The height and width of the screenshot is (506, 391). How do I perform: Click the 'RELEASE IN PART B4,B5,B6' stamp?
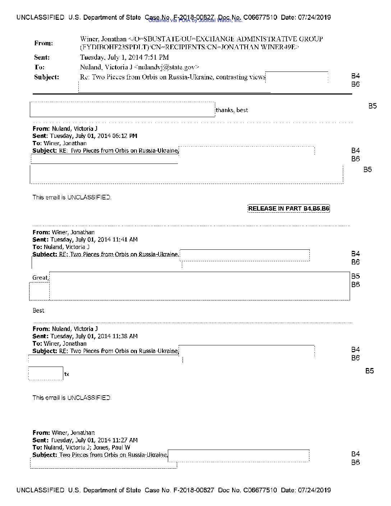(x=289, y=208)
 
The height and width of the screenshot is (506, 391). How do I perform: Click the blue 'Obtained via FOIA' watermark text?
(x=195, y=20)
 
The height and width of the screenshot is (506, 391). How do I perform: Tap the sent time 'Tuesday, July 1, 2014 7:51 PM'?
(x=124, y=57)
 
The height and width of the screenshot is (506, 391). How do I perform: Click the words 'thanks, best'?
(x=232, y=110)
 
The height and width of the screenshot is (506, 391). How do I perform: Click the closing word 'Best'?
(x=38, y=310)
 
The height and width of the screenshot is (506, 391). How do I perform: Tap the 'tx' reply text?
(x=67, y=374)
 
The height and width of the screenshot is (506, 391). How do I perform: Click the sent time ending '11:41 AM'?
(x=94, y=240)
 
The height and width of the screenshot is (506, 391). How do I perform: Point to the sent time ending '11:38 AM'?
(x=94, y=336)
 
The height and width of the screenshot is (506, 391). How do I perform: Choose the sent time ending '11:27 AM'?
(x=94, y=440)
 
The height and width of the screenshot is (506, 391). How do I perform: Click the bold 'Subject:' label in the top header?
(x=47, y=77)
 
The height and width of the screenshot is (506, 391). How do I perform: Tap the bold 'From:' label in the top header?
(x=43, y=43)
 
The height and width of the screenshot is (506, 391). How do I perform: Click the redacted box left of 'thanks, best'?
(x=122, y=110)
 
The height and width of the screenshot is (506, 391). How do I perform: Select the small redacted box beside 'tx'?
(x=46, y=373)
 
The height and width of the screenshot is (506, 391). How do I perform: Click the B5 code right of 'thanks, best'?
(x=372, y=106)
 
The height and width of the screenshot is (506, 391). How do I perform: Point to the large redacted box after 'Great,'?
(x=199, y=286)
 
